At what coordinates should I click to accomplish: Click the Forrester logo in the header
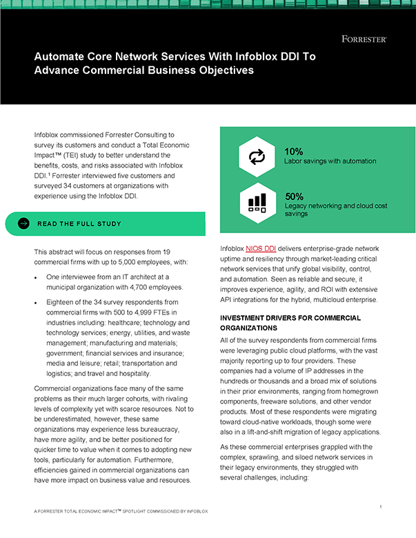(x=364, y=39)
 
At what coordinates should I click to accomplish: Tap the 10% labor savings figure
(x=294, y=151)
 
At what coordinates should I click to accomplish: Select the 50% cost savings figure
(x=295, y=197)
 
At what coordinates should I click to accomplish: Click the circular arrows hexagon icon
(x=257, y=157)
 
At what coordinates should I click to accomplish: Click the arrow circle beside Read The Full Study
(x=23, y=223)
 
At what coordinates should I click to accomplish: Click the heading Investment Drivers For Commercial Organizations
(x=290, y=323)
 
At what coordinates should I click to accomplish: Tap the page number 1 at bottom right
(x=381, y=507)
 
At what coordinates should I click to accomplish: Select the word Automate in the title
(x=61, y=56)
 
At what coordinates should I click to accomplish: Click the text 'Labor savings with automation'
(x=330, y=161)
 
